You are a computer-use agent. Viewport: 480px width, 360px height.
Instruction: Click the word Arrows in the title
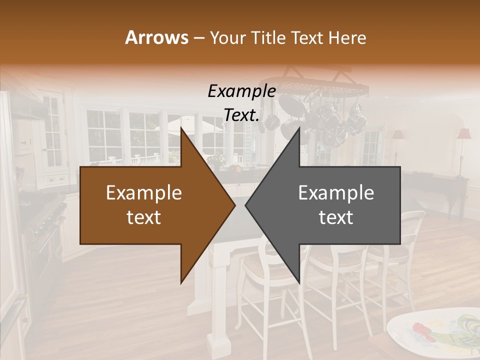156,37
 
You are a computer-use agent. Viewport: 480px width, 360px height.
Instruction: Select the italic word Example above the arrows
241,91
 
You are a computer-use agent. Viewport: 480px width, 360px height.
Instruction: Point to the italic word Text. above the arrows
241,115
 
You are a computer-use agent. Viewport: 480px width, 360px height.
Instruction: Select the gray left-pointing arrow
335,205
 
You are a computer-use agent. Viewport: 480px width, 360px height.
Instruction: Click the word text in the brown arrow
143,217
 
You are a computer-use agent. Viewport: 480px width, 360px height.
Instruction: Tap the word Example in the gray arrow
336,193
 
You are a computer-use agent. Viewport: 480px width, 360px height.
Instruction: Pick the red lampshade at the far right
464,134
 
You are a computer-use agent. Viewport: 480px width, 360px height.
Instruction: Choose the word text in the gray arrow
336,217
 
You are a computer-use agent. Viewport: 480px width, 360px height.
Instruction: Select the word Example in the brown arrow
143,193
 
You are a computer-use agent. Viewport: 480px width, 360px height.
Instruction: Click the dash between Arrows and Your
198,37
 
